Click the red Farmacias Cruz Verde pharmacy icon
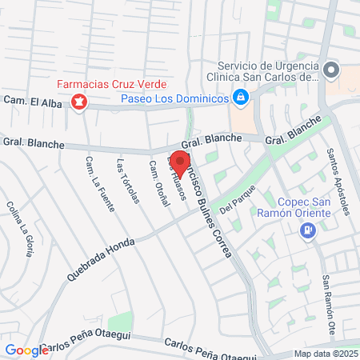pos(79,102)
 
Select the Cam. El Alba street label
pos(32,100)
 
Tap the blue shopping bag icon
pos(240,98)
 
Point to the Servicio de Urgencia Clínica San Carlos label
pos(269,72)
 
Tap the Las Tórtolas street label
pos(128,182)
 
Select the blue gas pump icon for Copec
pos(307,230)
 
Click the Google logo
pos(26,350)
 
